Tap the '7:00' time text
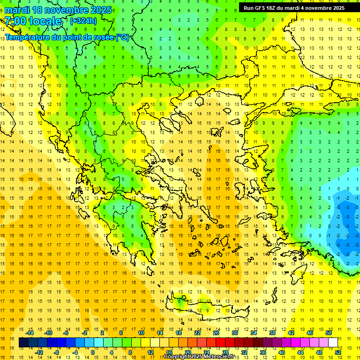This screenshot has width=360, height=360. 15,21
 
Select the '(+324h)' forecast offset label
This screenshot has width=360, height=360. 83,21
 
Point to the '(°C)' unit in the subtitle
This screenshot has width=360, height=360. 122,37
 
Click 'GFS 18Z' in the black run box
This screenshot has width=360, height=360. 266,8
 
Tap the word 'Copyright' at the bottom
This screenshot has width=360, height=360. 177,357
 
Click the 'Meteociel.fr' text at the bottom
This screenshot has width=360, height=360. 222,357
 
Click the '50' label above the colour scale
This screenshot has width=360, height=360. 328,333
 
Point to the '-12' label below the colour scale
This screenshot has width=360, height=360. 39,352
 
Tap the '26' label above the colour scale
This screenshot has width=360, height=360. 216,333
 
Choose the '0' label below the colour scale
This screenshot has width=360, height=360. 92,352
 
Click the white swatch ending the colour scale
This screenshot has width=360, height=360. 333,343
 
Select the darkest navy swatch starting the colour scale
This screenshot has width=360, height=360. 23,343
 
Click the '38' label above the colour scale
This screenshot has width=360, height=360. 272,333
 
